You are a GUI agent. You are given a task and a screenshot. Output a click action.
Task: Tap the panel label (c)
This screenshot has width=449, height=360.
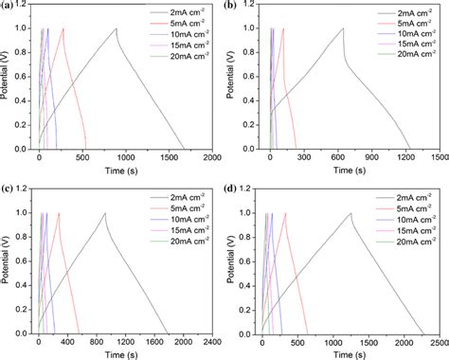[x=8, y=190]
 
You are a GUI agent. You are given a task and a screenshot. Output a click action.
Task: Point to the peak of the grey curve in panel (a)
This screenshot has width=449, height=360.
[x=117, y=28]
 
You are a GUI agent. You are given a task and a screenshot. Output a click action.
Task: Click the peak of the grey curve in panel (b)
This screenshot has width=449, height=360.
[x=343, y=28]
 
